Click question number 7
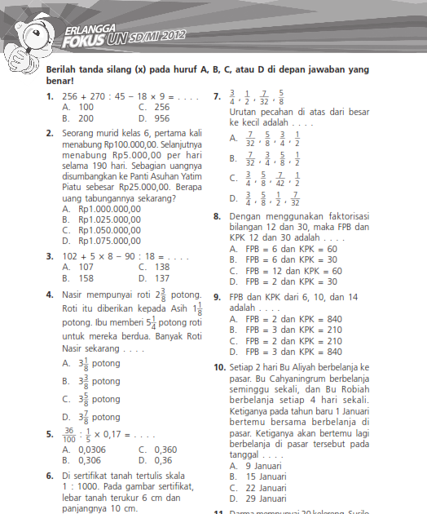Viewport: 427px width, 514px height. click(x=218, y=96)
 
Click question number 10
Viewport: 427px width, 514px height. click(x=219, y=368)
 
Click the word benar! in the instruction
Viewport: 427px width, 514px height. click(x=62, y=82)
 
